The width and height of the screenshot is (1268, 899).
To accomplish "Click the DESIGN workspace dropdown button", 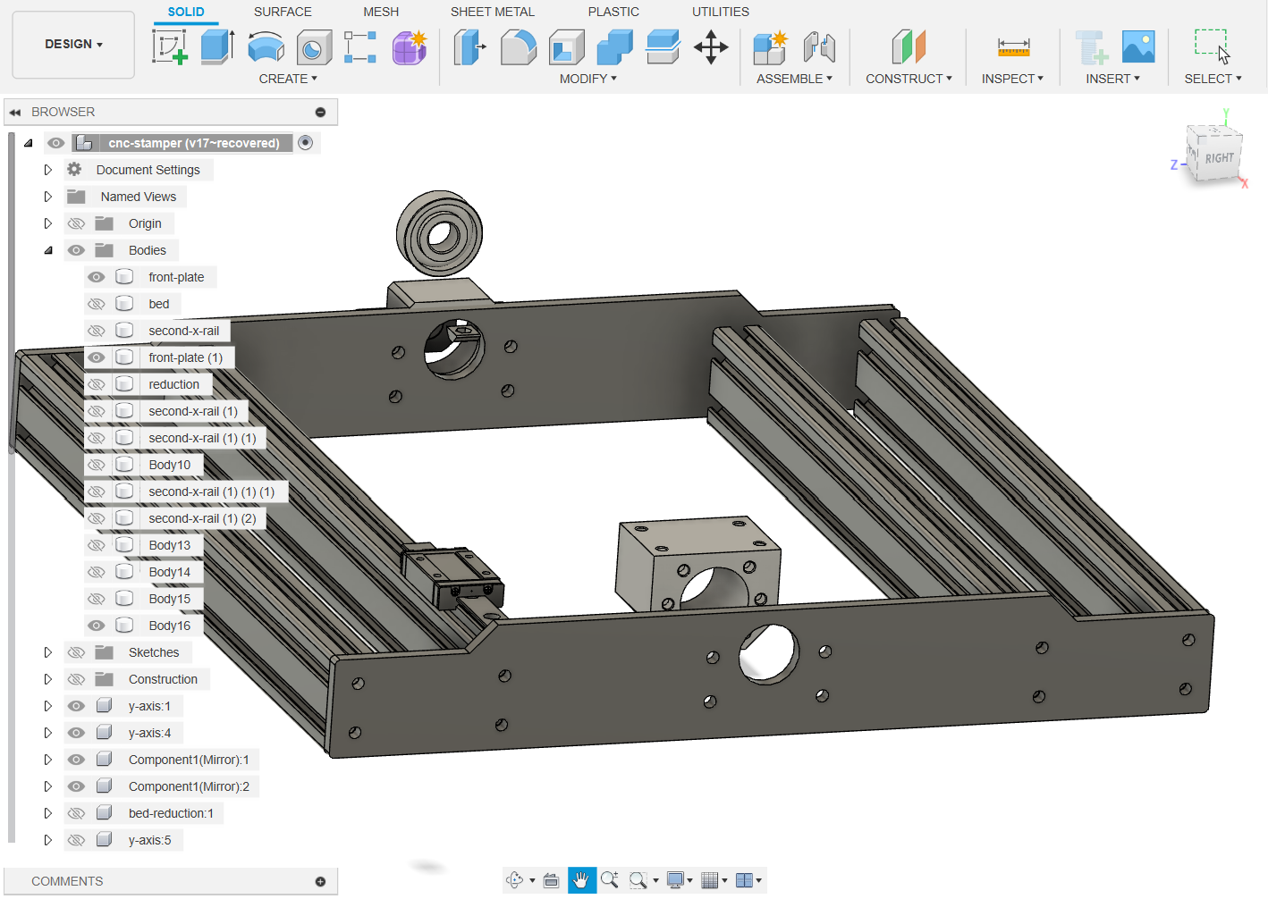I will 73,44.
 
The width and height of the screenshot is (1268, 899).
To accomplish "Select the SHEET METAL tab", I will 492,12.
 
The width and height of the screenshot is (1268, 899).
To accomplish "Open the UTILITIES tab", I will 720,12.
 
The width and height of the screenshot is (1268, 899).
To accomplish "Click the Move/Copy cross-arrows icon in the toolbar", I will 711,47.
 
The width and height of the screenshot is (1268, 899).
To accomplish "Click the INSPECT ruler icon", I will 1013,47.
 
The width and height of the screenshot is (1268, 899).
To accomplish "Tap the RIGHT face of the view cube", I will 1218,158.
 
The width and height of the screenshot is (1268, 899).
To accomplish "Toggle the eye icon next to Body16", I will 97,626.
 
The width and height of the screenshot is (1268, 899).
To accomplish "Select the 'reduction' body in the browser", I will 173,384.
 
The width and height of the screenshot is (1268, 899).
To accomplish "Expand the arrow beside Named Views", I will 48,197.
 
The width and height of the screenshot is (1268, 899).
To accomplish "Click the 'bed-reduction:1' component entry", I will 171,813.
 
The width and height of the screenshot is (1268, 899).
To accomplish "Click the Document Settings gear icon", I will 75,170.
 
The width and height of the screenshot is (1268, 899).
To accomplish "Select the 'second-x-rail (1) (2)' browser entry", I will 202,518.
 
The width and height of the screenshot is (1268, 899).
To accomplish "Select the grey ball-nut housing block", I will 697,563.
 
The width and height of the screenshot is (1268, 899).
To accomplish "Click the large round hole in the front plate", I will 768,654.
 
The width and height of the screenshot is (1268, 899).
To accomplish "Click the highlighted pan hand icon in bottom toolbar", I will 581,880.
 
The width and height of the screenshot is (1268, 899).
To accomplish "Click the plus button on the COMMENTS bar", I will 320,881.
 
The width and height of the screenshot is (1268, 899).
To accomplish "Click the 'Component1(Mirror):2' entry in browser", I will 189,786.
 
